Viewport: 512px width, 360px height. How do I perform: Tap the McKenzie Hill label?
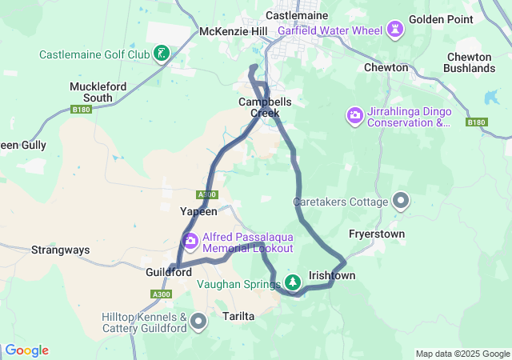pos(234,31)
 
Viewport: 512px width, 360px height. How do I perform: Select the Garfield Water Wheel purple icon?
pos(394,31)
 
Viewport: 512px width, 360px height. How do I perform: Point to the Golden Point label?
pos(442,18)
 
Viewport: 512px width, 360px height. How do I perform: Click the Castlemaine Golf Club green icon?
pos(162,54)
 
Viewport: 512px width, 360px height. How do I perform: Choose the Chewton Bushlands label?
pos(470,62)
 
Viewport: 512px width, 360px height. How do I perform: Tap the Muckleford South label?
pos(91,92)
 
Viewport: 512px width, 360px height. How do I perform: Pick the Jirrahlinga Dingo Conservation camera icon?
pos(354,117)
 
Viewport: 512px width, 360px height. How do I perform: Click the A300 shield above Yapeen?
pos(206,194)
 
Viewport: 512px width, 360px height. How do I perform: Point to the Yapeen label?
pos(198,211)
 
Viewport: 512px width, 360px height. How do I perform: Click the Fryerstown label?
pos(377,234)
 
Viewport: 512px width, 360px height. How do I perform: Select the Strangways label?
pos(60,250)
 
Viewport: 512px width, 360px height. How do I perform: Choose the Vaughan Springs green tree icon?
pos(294,282)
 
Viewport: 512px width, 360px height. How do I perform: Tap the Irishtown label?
pos(332,275)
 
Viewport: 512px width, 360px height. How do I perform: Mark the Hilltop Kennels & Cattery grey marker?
pos(198,322)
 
